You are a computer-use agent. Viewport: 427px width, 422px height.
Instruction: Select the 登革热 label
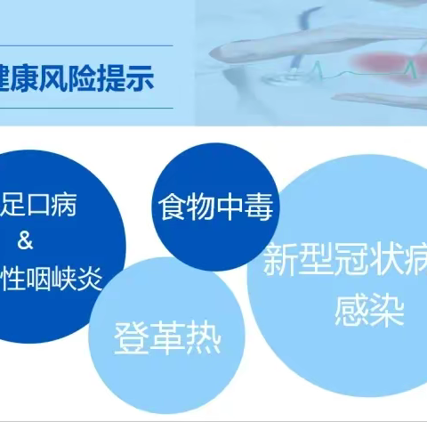tap(166, 338)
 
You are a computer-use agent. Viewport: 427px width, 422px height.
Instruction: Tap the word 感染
tap(369, 312)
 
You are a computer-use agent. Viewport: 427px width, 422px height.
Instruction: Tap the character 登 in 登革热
tap(131, 338)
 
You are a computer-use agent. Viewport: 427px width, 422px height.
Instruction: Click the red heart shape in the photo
tap(384, 65)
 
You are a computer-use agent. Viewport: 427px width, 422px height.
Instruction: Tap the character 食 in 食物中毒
tap(173, 207)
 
